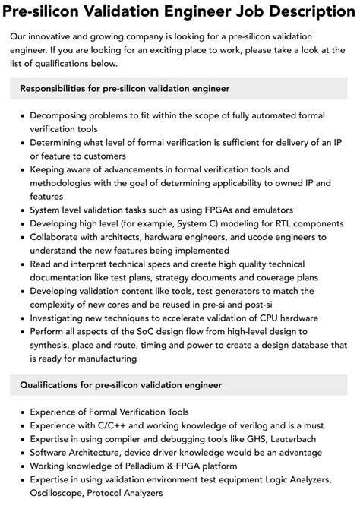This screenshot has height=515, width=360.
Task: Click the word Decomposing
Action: coord(62,115)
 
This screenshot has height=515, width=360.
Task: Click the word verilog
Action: coord(251,425)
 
